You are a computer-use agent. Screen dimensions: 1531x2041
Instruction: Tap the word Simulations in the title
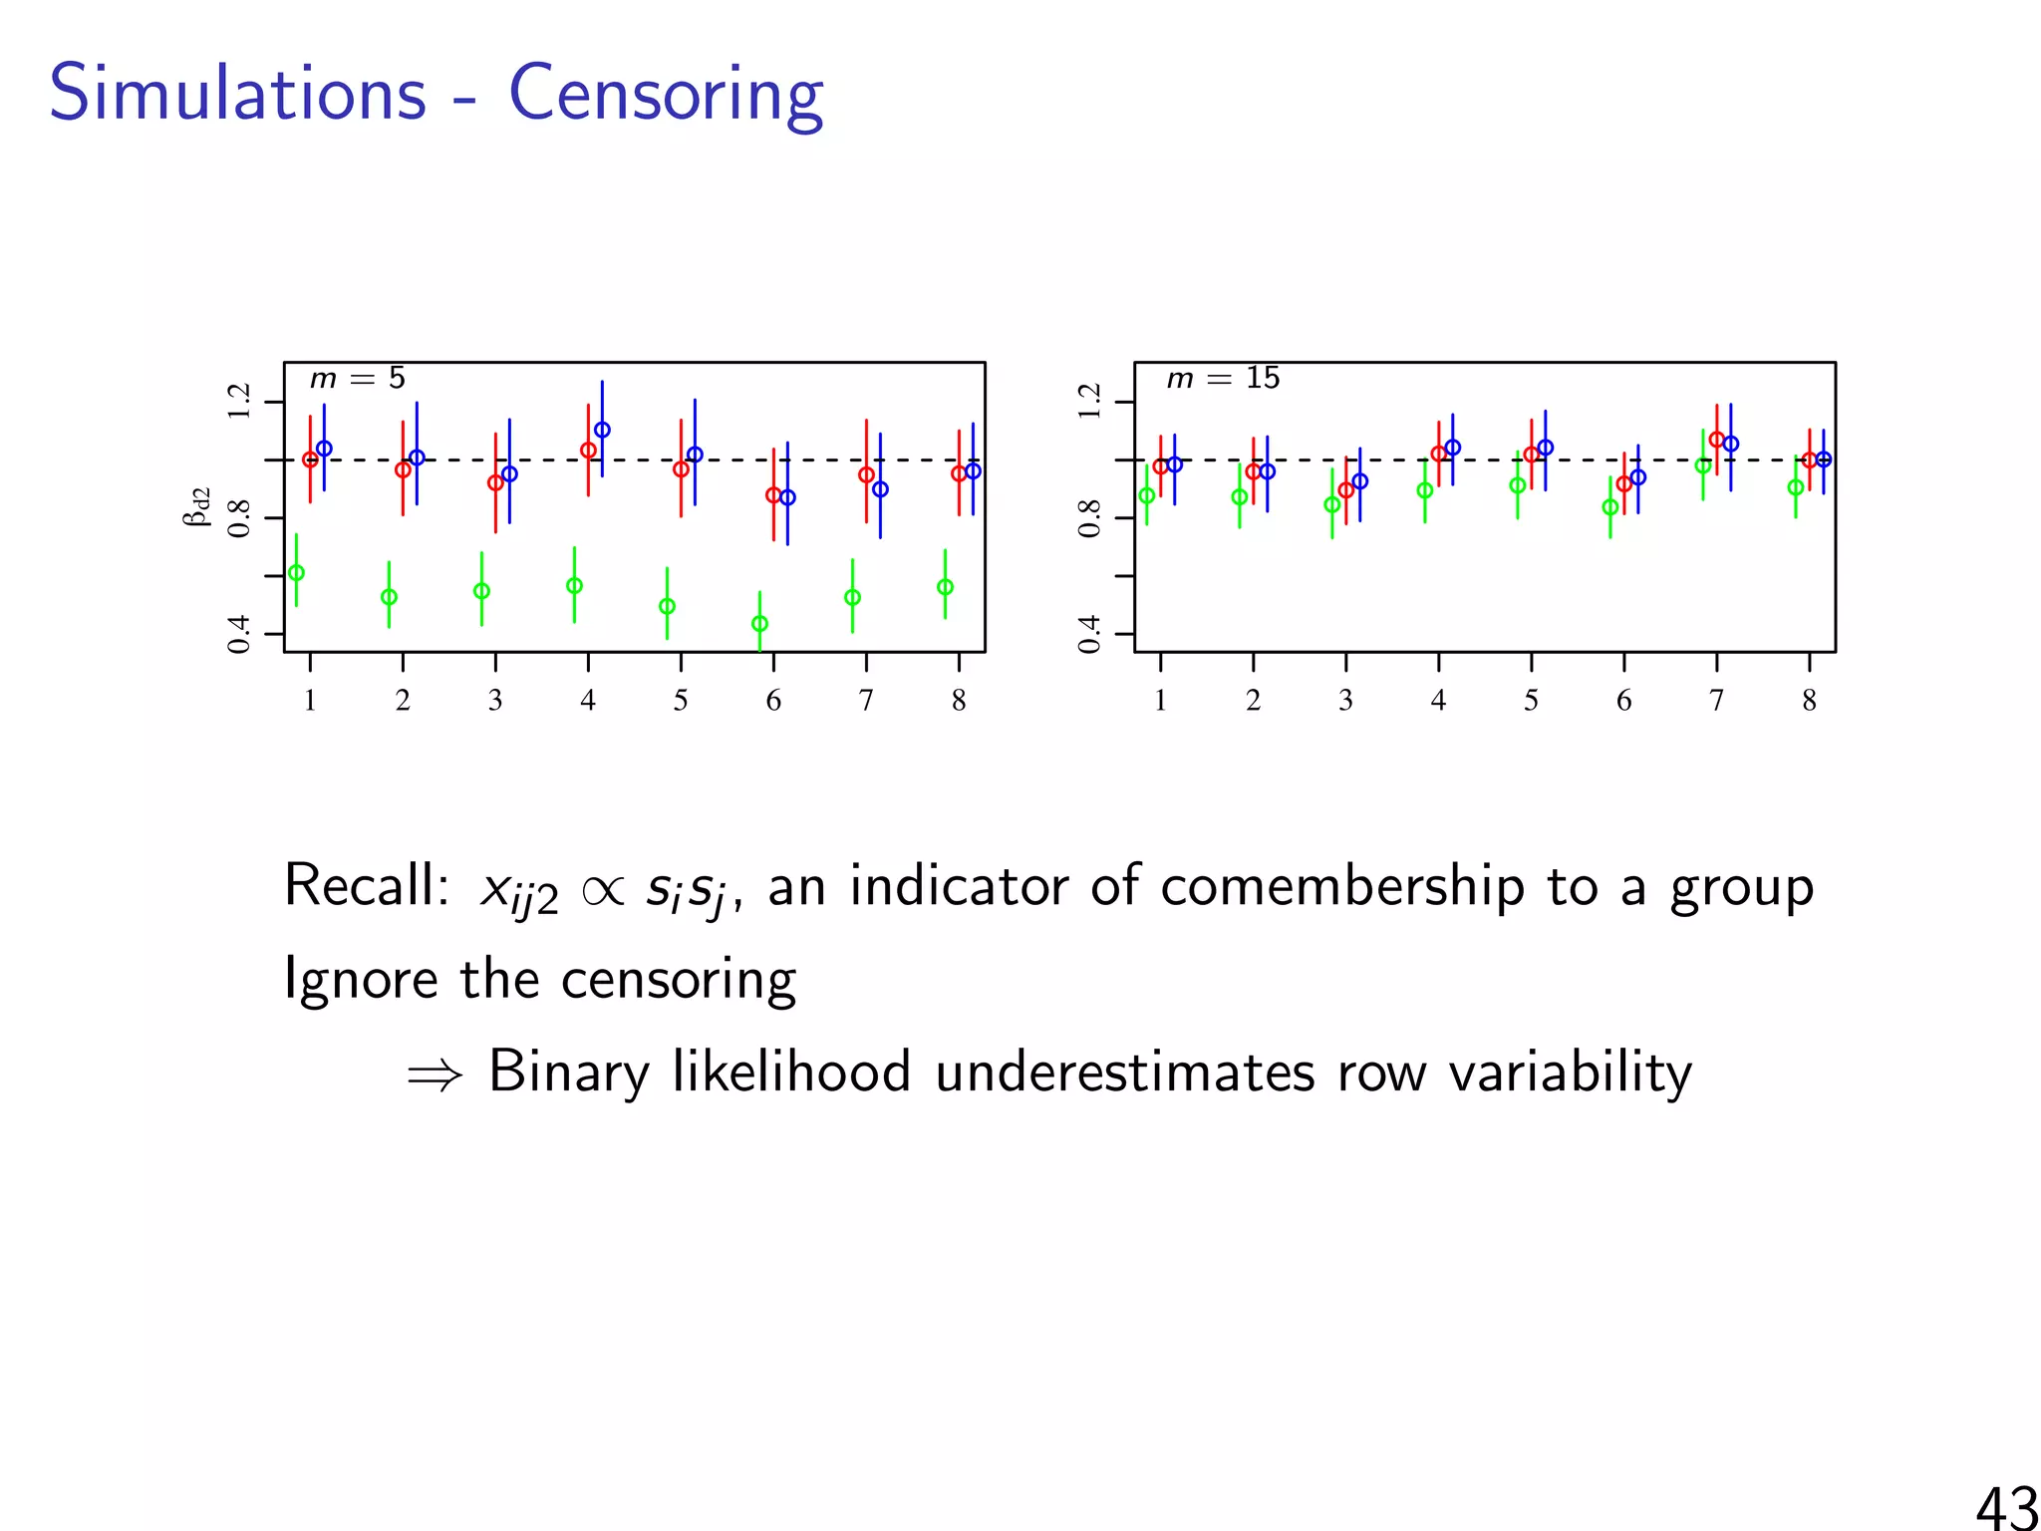237,93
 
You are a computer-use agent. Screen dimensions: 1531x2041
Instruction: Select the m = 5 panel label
357,379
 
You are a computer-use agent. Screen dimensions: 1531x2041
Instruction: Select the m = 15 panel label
1223,379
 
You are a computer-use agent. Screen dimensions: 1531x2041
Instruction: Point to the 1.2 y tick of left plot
238,402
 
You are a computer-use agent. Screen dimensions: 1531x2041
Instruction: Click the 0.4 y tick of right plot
1089,634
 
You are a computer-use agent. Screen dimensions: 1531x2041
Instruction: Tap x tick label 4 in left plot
588,701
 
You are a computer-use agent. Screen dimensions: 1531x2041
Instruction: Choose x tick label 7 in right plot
1716,701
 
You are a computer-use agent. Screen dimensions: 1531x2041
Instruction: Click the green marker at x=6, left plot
759,624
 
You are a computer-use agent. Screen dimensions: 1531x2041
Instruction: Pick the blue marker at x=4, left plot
602,431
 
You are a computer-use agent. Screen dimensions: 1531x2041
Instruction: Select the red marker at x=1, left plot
310,459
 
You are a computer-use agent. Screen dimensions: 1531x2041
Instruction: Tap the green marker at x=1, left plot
296,573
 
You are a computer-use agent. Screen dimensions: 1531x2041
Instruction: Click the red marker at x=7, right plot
1716,439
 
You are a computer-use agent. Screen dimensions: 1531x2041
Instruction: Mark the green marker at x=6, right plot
1609,507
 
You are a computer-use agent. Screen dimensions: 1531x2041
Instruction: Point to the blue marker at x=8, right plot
1824,459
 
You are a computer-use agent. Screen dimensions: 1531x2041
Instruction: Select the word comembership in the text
1341,886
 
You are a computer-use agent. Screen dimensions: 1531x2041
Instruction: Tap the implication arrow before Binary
436,1074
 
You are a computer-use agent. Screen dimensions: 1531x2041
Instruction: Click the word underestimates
1124,1072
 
